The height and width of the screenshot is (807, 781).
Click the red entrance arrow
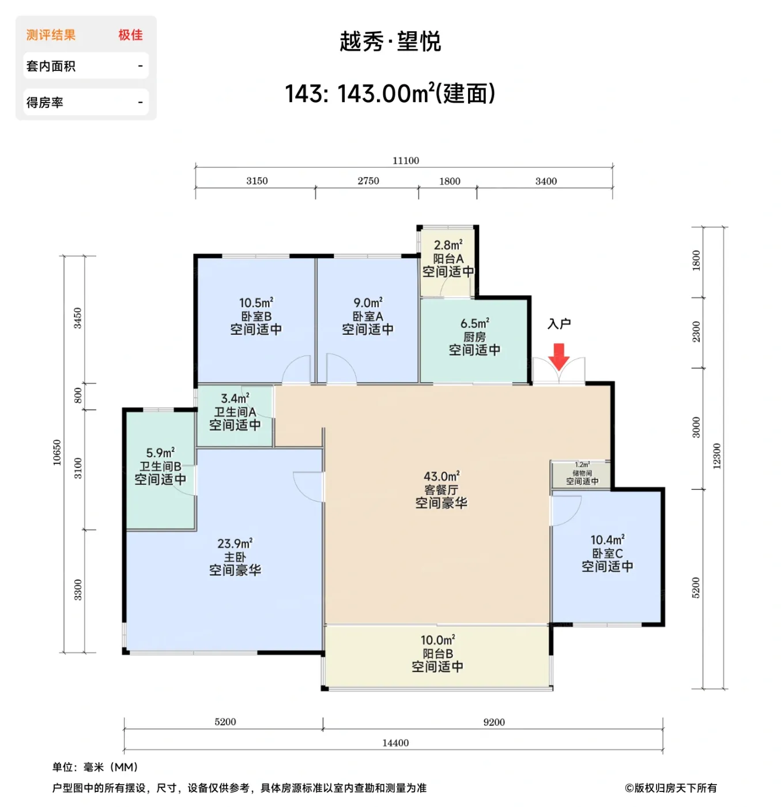coord(559,356)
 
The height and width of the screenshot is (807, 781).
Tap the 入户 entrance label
coord(559,324)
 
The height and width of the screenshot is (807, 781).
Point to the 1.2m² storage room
coord(582,473)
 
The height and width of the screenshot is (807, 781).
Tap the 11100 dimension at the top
coord(406,161)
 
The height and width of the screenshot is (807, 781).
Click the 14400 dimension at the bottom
coord(395,743)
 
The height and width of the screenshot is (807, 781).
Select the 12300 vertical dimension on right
coord(717,456)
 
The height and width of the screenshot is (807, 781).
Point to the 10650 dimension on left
coord(57,452)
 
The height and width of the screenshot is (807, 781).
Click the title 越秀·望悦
coord(390,42)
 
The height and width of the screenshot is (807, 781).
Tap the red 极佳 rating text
coord(130,35)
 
